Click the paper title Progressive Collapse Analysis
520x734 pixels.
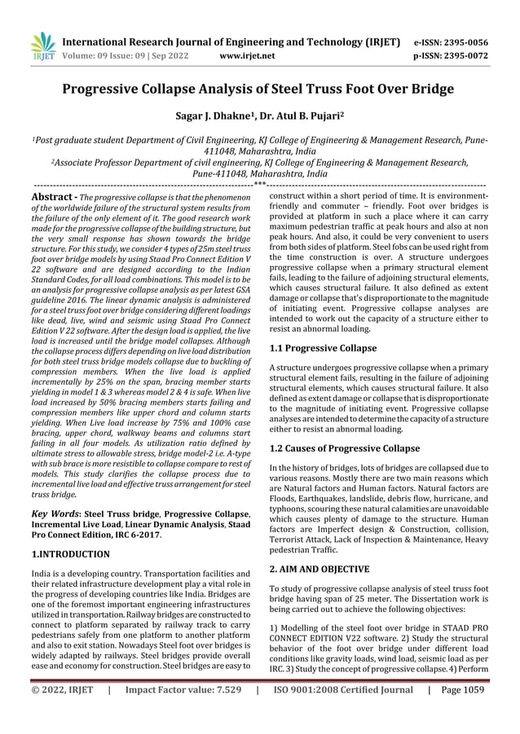point(260,90)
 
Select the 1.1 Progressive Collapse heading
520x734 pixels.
point(323,348)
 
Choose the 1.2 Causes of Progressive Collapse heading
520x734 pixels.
point(345,448)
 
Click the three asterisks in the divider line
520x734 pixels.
point(259,185)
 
